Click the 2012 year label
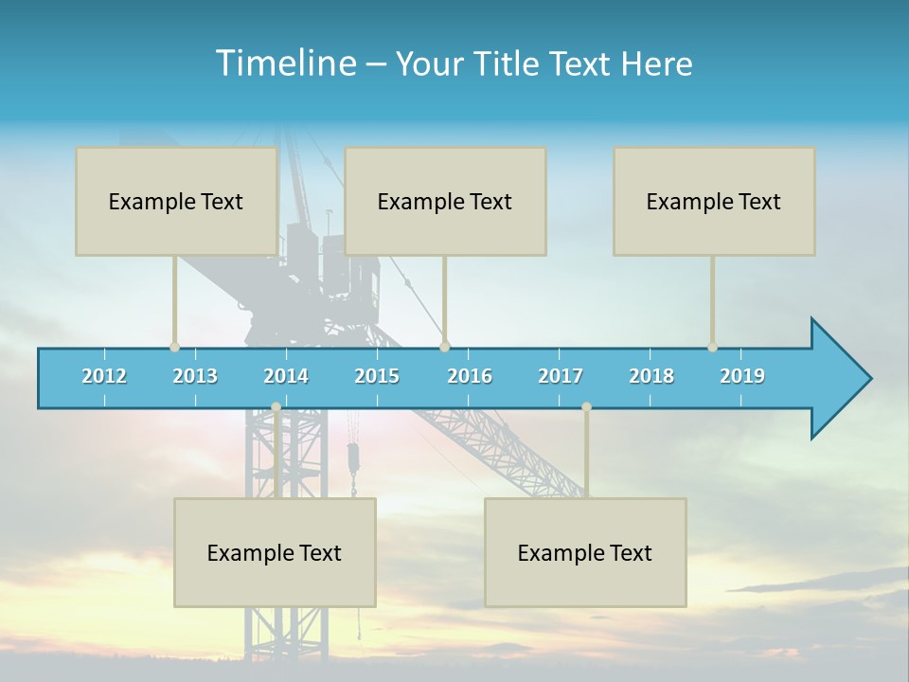[x=104, y=376]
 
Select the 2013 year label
[x=195, y=376]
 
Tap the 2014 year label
[x=286, y=376]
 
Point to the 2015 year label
[x=377, y=376]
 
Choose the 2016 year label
[x=470, y=376]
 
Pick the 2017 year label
[x=561, y=376]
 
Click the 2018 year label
[x=651, y=376]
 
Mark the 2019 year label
[x=742, y=376]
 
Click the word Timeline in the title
[x=284, y=63]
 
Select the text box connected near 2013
[x=176, y=201]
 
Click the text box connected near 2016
[x=445, y=201]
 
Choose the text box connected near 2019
[x=714, y=201]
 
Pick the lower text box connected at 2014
[x=275, y=552]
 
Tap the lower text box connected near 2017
[x=585, y=552]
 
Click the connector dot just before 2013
[x=174, y=347]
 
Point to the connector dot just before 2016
[x=445, y=347]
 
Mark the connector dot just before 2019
[x=713, y=347]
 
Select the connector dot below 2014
[x=276, y=407]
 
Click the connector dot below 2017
[x=586, y=407]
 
